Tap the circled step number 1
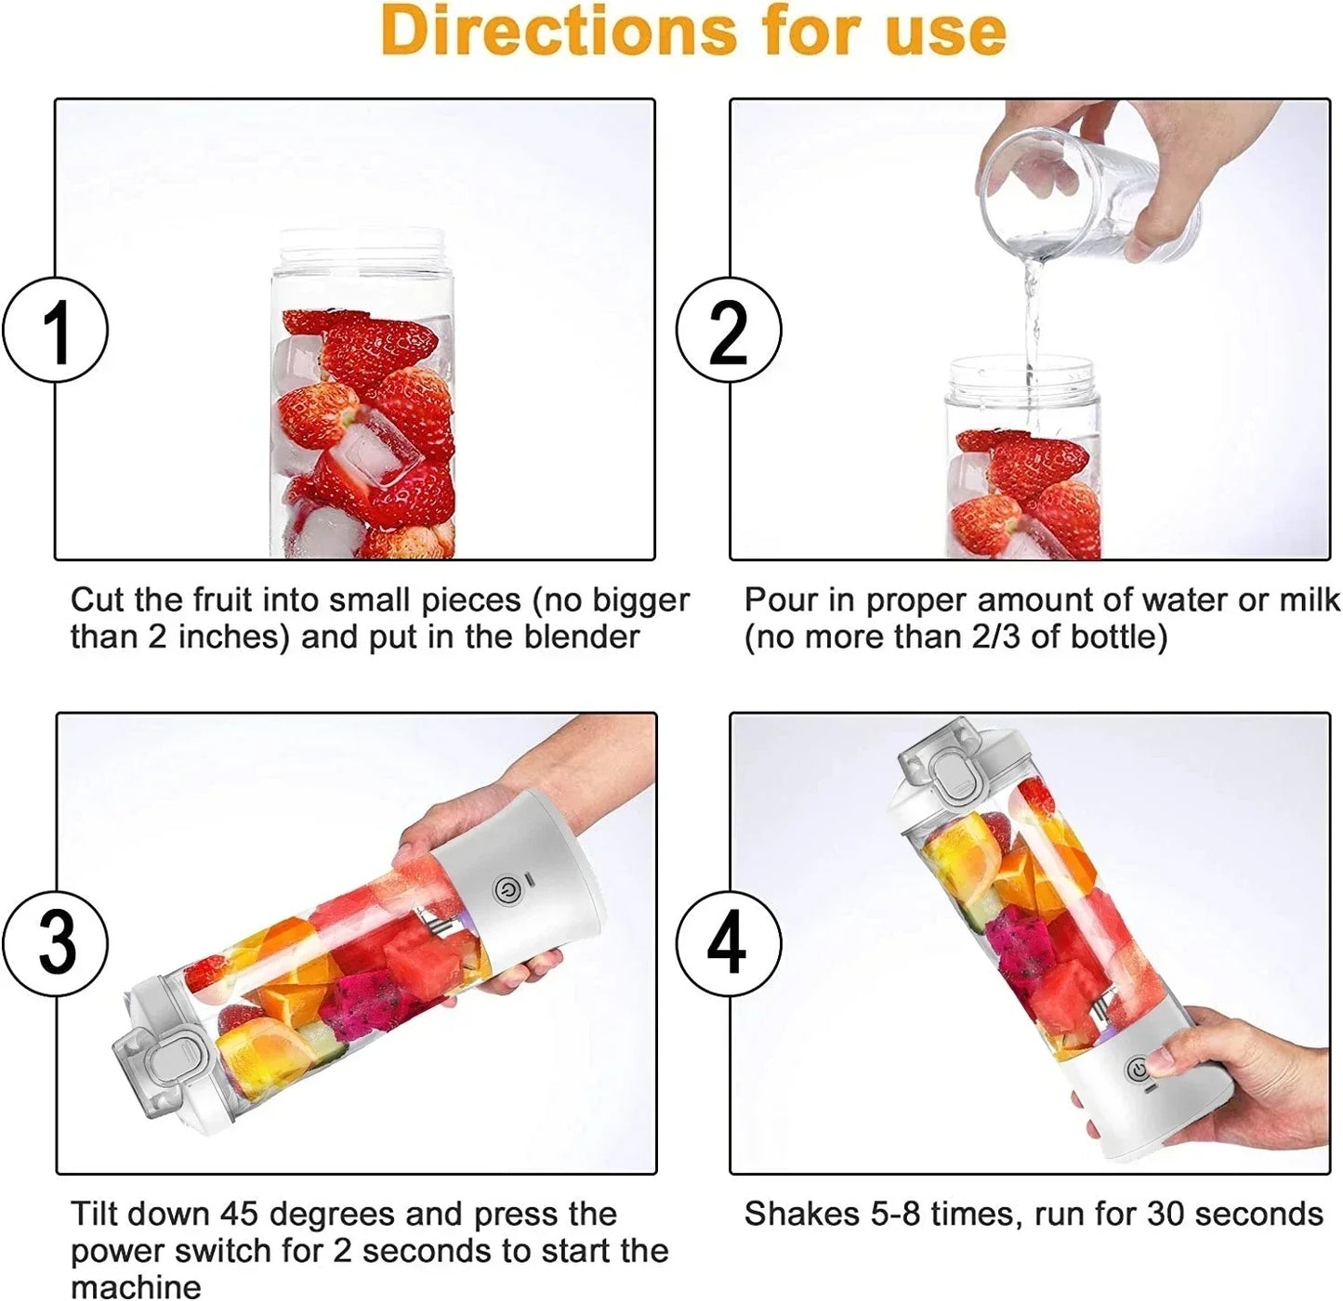(x=56, y=330)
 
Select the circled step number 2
(x=729, y=330)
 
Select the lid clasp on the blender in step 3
(x=167, y=1059)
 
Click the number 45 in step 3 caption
(x=240, y=1214)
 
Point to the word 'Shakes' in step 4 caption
(x=801, y=1214)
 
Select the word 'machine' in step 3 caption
(x=136, y=1287)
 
